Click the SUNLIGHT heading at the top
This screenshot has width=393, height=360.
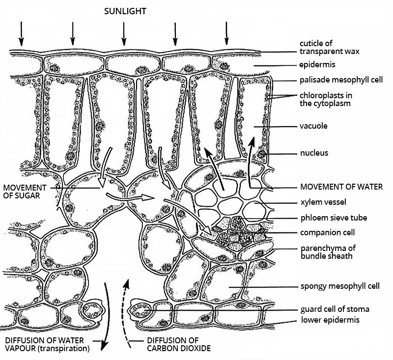(x=125, y=11)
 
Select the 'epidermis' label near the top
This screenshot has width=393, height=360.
(x=317, y=64)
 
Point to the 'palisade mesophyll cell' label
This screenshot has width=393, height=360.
(x=335, y=80)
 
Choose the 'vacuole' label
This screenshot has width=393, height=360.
(x=313, y=126)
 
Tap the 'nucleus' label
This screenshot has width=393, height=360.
(x=314, y=153)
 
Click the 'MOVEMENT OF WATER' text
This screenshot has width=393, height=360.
(x=341, y=187)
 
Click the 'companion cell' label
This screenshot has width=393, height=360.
(x=327, y=232)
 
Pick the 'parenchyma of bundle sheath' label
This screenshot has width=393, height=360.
(x=327, y=251)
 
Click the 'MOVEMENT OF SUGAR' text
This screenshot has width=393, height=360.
(x=24, y=191)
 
